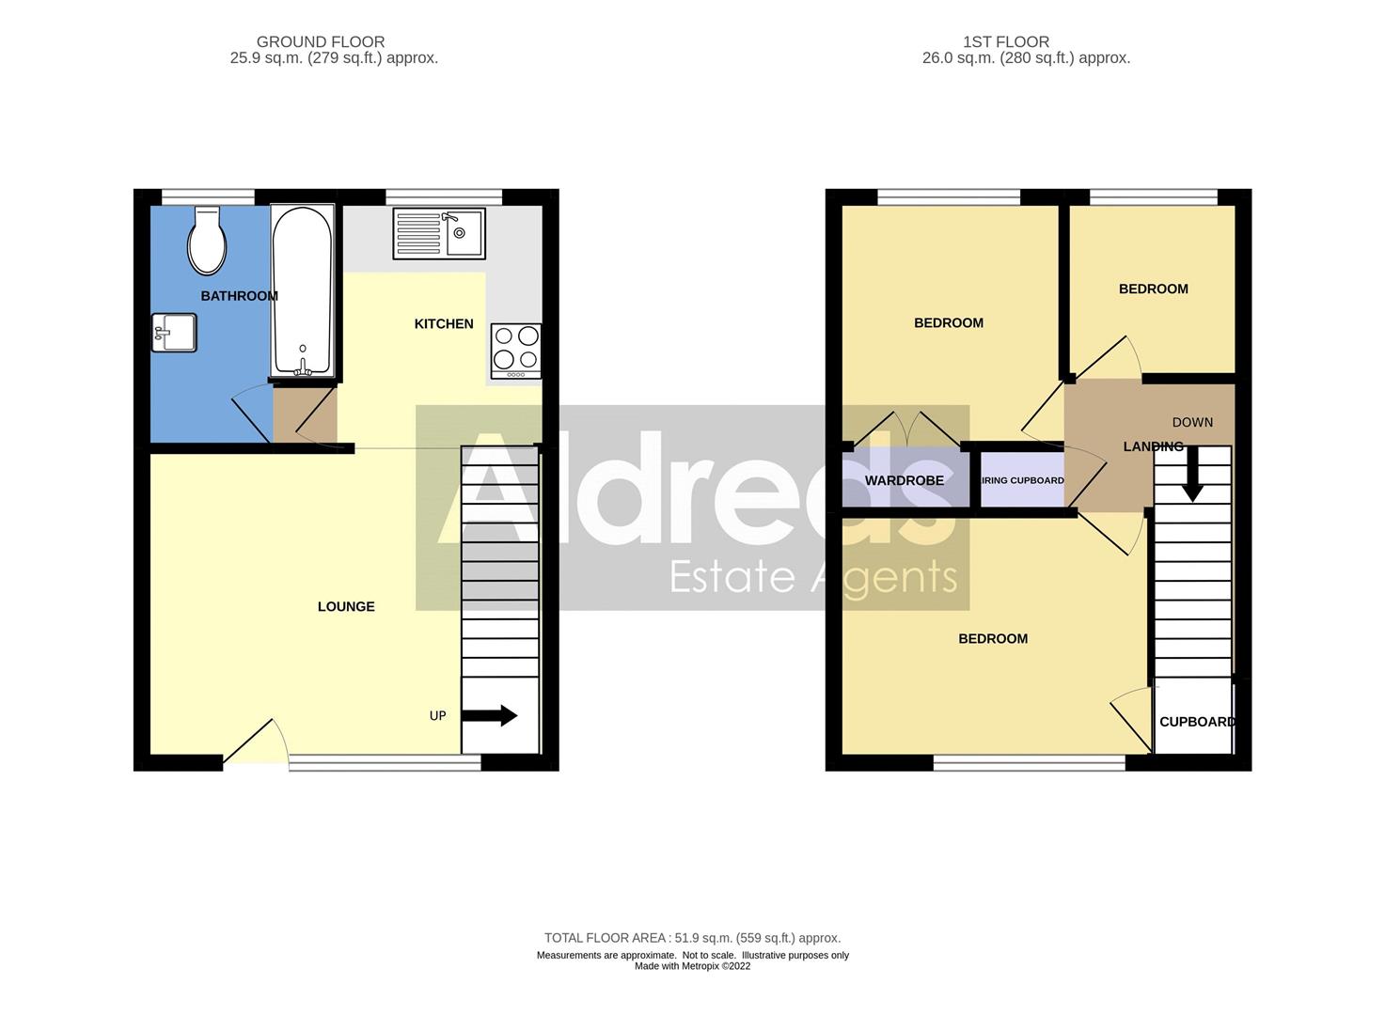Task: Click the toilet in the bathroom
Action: tap(207, 241)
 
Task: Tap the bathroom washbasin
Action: tap(174, 332)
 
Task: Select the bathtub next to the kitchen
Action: tap(302, 291)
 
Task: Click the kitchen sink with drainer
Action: tap(439, 234)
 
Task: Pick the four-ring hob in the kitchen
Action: tap(516, 350)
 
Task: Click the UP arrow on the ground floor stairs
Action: tap(490, 716)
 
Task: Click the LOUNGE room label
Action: tap(346, 607)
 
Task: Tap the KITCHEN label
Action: tap(444, 324)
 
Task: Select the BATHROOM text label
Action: tap(239, 296)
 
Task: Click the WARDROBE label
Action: tap(904, 481)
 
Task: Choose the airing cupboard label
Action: tap(1023, 481)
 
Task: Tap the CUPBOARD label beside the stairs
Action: tap(1196, 722)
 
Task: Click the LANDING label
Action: tap(1153, 447)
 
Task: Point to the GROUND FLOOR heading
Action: tap(321, 41)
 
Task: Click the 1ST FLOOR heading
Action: tap(1005, 41)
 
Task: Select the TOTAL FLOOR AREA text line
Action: tap(692, 938)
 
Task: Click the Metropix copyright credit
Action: tap(692, 966)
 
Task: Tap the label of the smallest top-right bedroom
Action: tap(1153, 289)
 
